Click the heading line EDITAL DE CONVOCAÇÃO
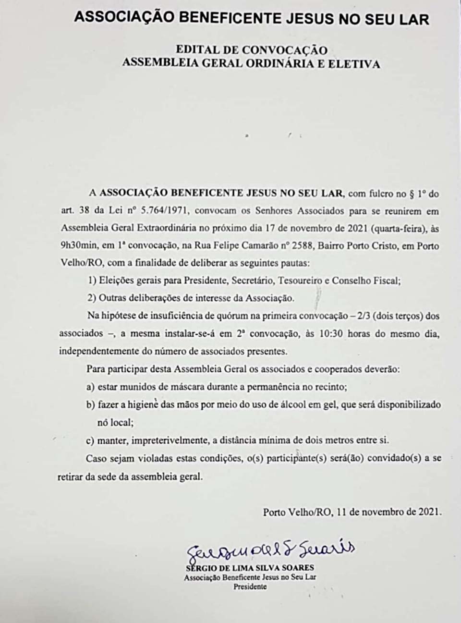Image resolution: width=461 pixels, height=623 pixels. click(252, 50)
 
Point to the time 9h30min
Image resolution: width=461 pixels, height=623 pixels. click(77, 246)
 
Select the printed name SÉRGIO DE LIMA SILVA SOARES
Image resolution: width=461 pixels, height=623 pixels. click(250, 568)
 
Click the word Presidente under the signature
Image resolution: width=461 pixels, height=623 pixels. click(250, 586)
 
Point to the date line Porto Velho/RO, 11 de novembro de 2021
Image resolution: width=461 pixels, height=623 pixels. click(352, 512)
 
